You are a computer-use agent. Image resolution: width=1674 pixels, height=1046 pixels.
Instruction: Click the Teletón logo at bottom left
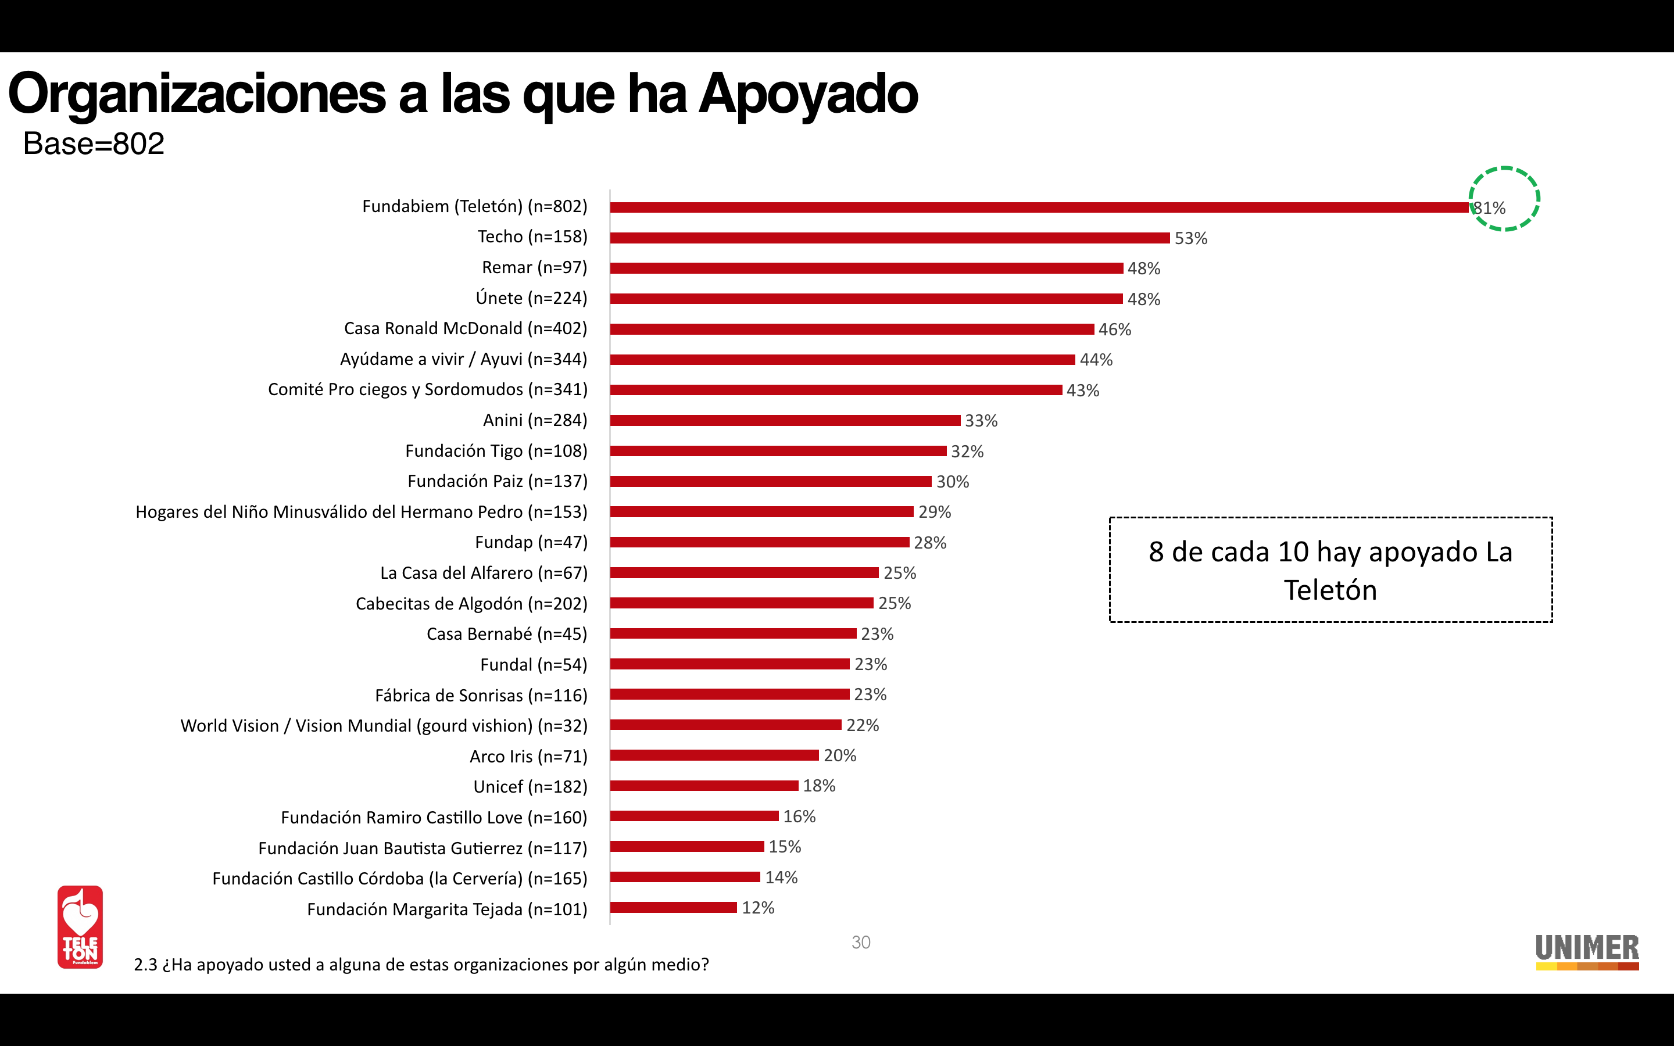tap(80, 927)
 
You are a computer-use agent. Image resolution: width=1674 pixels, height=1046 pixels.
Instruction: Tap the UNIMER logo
tap(1587, 951)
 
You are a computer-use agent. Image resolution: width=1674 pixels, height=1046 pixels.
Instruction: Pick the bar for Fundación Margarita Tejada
tap(673, 908)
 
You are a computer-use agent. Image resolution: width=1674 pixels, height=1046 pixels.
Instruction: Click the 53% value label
tap(1190, 239)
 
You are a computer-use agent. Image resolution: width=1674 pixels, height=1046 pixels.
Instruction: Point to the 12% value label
tap(757, 908)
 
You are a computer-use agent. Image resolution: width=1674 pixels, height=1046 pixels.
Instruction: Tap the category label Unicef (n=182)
tap(530, 787)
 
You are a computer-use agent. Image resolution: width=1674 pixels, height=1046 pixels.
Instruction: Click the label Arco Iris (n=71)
tap(528, 756)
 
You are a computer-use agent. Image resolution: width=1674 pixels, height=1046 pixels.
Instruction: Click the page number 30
tap(860, 942)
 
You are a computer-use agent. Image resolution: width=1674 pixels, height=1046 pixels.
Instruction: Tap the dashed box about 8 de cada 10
tap(1330, 570)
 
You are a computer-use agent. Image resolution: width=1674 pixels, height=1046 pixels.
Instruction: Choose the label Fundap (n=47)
tap(531, 542)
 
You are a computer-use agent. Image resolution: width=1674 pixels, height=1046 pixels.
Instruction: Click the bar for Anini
tap(785, 421)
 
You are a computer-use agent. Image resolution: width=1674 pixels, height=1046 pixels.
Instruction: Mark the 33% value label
tap(981, 421)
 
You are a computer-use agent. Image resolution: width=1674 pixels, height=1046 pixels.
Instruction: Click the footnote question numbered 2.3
tap(421, 965)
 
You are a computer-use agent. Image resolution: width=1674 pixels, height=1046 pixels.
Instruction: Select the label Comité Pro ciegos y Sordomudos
tap(427, 389)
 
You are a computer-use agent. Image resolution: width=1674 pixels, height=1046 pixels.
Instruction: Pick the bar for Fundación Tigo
tap(778, 451)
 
